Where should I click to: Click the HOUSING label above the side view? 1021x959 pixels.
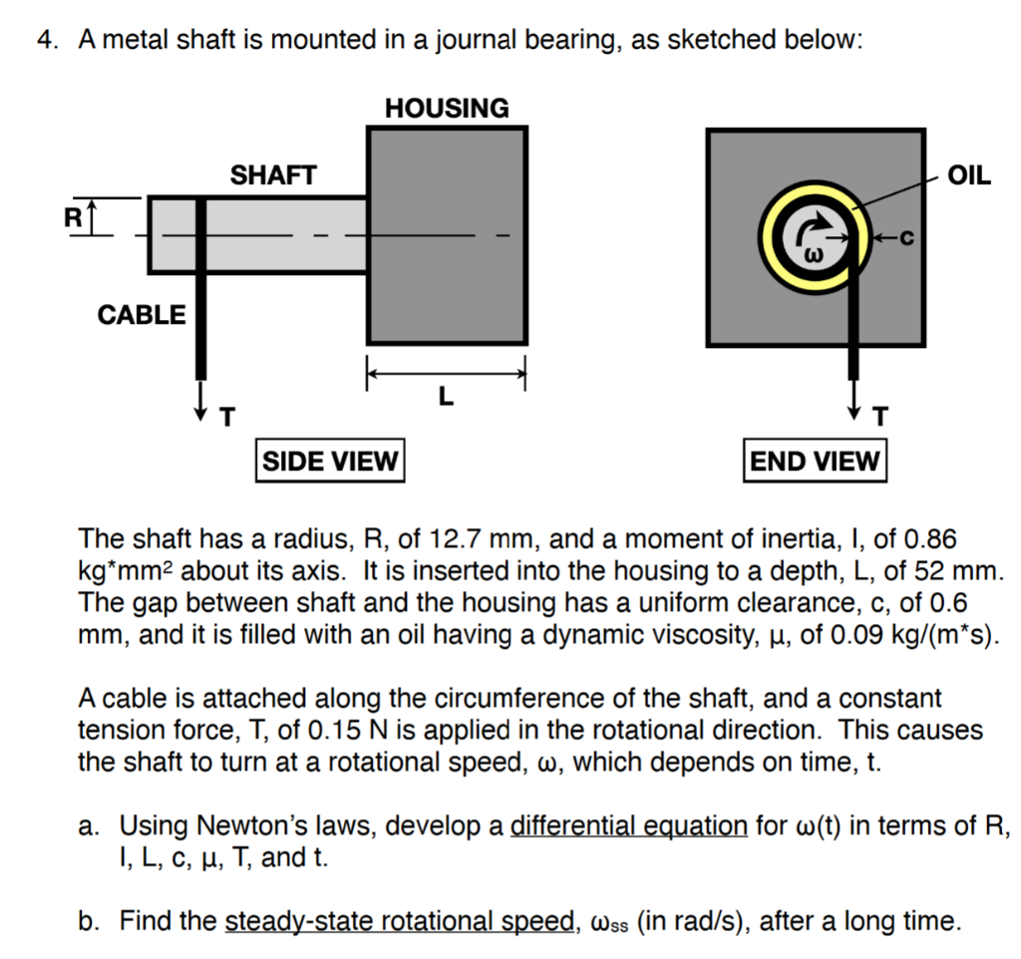click(447, 108)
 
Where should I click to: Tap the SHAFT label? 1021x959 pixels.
click(273, 175)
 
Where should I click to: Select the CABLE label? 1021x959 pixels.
click(142, 315)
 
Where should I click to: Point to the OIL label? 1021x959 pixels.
click(969, 176)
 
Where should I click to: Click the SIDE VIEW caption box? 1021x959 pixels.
click(330, 461)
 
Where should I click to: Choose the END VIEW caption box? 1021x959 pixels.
click(815, 461)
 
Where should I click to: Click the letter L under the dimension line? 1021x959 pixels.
click(446, 396)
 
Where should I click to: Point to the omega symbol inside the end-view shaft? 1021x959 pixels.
click(812, 254)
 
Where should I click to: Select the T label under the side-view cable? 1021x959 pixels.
click(227, 417)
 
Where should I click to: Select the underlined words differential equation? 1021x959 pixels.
click(628, 826)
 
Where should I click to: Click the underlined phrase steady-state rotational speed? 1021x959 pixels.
click(400, 922)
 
